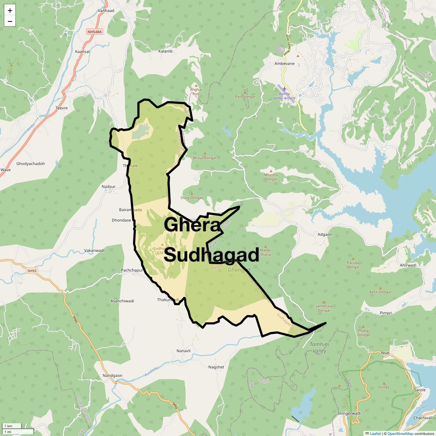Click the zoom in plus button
[10, 10]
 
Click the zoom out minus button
[10, 21]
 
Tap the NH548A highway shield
[94, 32]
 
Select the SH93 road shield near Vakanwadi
[32, 271]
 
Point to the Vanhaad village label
[106, 11]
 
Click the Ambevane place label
[285, 63]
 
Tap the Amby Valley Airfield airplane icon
[284, 89]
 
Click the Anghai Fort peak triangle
[196, 85]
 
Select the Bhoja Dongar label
[205, 158]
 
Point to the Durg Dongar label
[192, 198]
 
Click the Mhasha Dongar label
[271, 177]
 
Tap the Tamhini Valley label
[319, 348]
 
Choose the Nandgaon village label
[112, 376]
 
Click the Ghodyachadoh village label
[31, 164]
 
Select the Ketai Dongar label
[380, 292]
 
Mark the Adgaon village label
[325, 234]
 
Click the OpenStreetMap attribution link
[400, 434]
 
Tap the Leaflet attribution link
[375, 434]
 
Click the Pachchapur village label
[132, 270]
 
